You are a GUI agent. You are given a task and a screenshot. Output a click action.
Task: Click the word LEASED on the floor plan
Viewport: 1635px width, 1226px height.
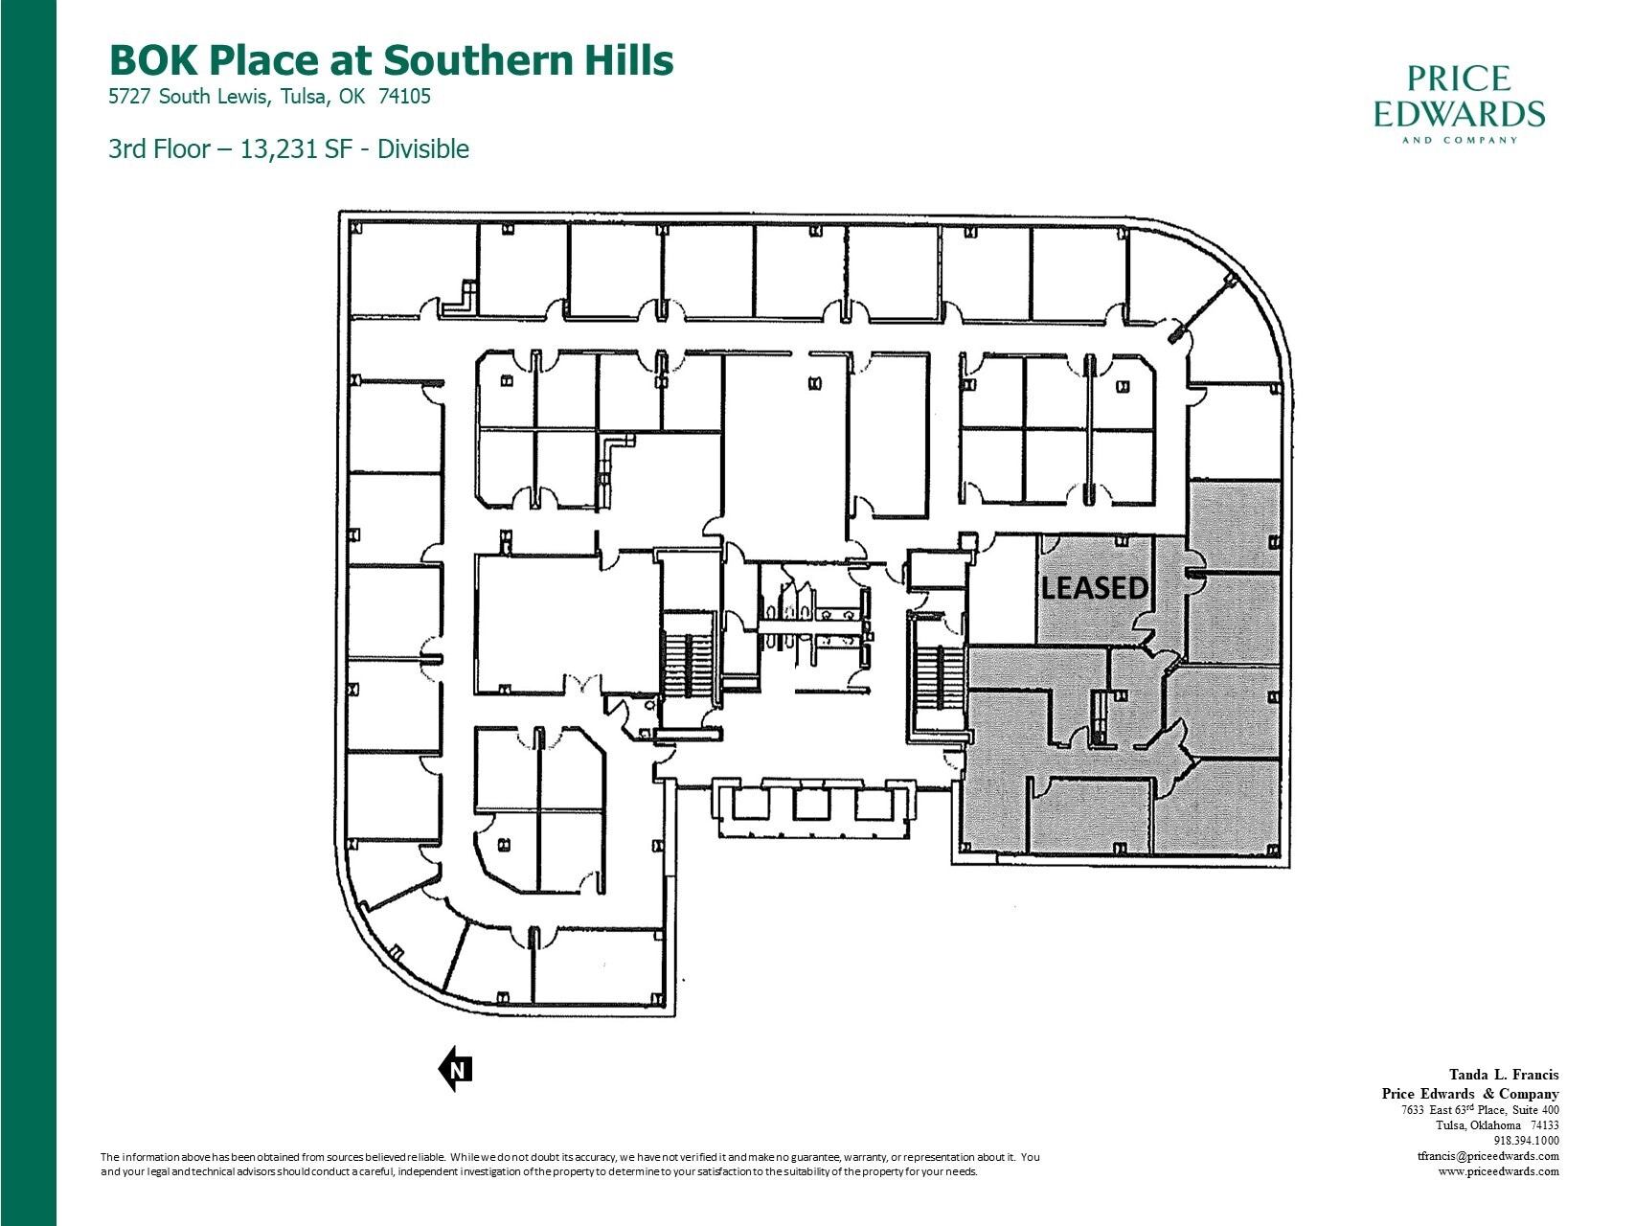[1094, 587]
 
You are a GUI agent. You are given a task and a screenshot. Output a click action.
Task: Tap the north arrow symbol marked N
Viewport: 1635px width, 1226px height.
[456, 1070]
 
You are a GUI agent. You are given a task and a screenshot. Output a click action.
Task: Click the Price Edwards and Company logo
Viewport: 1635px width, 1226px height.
[1459, 103]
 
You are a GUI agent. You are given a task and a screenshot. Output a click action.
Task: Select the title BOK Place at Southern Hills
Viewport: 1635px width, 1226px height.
[391, 59]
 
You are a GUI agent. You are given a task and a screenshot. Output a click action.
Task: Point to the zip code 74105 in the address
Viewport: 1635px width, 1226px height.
[405, 97]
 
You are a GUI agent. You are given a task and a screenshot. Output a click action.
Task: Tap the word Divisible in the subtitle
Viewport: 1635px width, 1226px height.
[422, 149]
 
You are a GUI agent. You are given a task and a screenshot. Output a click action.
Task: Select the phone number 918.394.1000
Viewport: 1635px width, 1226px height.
[1526, 1141]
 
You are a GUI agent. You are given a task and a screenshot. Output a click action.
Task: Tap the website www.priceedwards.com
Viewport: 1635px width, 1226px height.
[1498, 1171]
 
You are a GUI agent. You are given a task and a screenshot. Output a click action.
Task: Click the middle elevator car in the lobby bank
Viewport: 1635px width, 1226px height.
[810, 804]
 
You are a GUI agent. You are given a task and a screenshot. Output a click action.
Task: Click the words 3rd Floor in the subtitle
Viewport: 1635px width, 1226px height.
[158, 149]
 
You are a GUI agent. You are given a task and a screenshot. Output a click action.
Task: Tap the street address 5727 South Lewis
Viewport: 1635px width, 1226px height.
[191, 97]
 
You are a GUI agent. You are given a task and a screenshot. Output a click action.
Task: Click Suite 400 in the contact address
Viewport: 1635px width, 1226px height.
[1535, 1110]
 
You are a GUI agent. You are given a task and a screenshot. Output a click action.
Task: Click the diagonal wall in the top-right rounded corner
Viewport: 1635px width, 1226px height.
[1204, 306]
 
